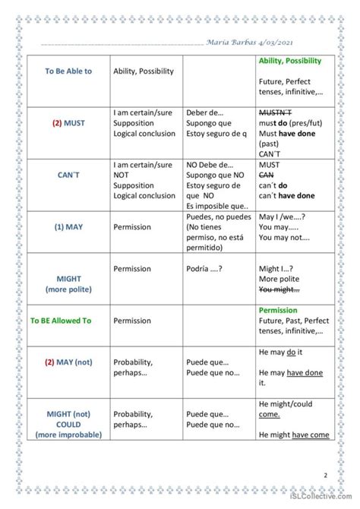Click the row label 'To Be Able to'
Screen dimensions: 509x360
pyautogui.click(x=68, y=71)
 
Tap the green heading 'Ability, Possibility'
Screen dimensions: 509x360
pyautogui.click(x=290, y=61)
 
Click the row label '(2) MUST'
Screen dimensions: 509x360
pyautogui.click(x=68, y=122)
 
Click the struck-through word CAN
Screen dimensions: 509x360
pyautogui.click(x=267, y=175)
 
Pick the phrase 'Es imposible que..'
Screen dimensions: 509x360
pyautogui.click(x=217, y=206)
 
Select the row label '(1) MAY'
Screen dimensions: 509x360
pyautogui.click(x=68, y=226)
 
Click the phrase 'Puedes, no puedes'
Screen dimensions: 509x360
pyautogui.click(x=219, y=217)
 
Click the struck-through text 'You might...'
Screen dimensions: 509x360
pyautogui.click(x=279, y=289)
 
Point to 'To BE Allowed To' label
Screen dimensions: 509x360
pyautogui.click(x=61, y=321)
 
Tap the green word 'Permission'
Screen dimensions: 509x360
pyautogui.click(x=278, y=311)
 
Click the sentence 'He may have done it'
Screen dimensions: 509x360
pyautogui.click(x=290, y=372)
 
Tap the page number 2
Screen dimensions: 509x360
pyautogui.click(x=326, y=476)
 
